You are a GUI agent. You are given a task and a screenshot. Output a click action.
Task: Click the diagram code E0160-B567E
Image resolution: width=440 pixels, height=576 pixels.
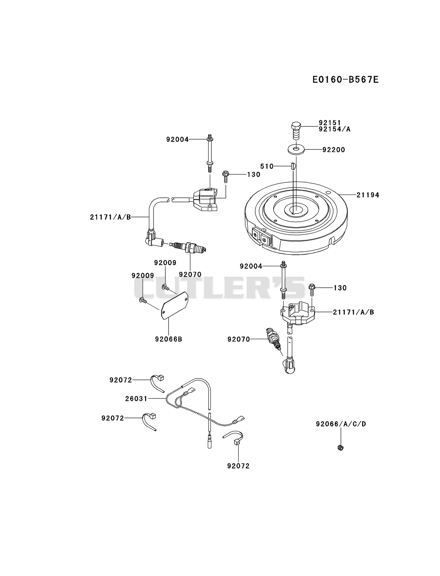pyautogui.click(x=345, y=79)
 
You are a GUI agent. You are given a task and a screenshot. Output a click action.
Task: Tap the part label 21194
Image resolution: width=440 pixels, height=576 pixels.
pyautogui.click(x=368, y=195)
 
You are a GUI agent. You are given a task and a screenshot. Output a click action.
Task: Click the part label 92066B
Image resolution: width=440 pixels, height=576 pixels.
pyautogui.click(x=169, y=339)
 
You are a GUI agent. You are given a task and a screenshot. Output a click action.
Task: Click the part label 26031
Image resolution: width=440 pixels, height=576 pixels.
pyautogui.click(x=136, y=399)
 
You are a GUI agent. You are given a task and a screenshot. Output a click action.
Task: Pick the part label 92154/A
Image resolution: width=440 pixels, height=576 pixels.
pyautogui.click(x=334, y=129)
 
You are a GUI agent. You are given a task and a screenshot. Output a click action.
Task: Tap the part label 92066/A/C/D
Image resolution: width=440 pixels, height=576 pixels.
pyautogui.click(x=341, y=424)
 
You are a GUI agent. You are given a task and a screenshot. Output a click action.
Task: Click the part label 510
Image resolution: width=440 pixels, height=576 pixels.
pyautogui.click(x=267, y=166)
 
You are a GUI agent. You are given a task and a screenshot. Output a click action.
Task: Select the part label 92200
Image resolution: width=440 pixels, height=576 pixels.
pyautogui.click(x=334, y=150)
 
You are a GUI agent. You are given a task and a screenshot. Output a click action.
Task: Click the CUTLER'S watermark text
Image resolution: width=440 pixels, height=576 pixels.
pyautogui.click(x=219, y=288)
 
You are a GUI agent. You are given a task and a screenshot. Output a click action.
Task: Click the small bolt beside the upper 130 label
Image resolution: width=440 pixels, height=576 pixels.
pyautogui.click(x=225, y=176)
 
